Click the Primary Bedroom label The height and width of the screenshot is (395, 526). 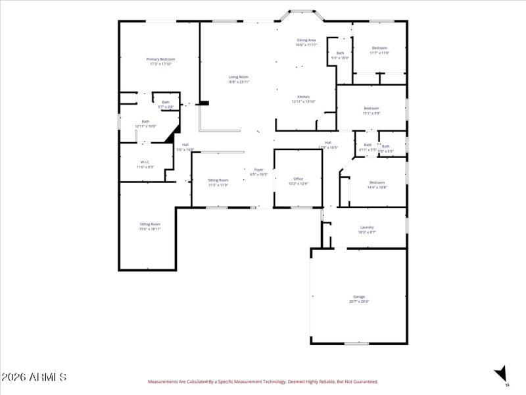tap(160, 59)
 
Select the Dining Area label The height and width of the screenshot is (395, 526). tap(306, 40)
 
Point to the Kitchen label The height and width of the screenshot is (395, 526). tap(303, 97)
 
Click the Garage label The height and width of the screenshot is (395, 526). tap(358, 297)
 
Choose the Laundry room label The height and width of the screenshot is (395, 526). tap(367, 228)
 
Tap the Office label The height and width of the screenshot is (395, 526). tap(298, 178)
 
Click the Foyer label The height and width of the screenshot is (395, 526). tap(259, 170)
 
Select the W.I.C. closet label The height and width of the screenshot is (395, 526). tap(145, 162)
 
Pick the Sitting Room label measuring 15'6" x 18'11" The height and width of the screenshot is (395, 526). tap(150, 224)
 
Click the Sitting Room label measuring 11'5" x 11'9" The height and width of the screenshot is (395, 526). tap(218, 180)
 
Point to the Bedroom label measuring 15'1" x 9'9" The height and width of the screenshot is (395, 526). tap(371, 108)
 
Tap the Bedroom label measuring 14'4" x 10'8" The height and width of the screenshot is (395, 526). tap(377, 182)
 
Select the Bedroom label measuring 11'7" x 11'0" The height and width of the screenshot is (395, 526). tap(379, 48)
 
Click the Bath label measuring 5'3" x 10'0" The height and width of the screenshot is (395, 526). tap(340, 53)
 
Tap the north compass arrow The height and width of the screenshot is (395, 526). tap(501, 373)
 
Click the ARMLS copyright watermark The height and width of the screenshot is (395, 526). tap(34, 377)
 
